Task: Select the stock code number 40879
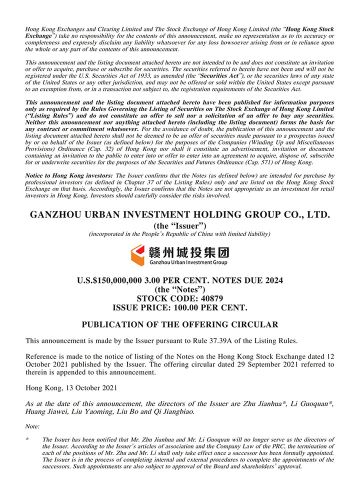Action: tap(209, 298)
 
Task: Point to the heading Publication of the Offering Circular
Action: tap(180, 324)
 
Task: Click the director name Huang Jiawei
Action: tap(47, 412)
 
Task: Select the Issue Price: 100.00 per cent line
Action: tap(180, 307)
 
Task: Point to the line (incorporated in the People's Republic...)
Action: tap(180, 234)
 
